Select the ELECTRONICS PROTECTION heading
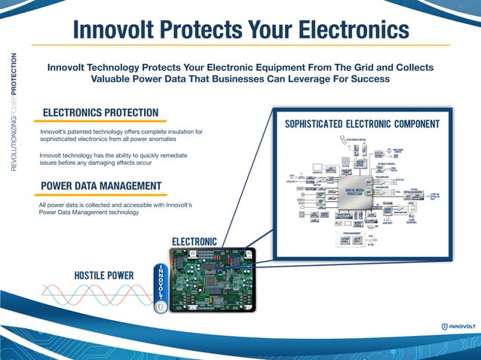100,113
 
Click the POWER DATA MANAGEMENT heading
100,186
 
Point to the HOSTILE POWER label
104,276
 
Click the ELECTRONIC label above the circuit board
195,242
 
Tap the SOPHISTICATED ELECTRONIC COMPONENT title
362,124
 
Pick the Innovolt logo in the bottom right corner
458,326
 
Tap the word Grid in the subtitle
354,67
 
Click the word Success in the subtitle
368,78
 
